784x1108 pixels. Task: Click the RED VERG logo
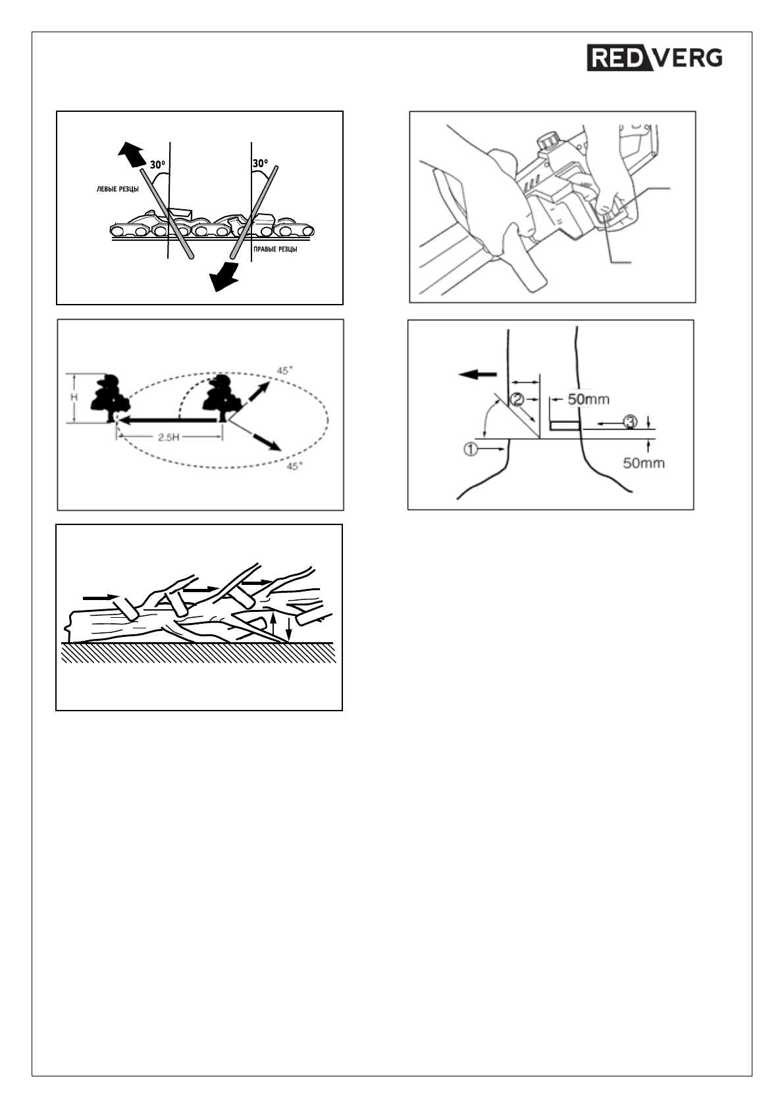click(655, 58)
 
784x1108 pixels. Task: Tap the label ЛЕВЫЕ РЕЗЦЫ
click(113, 189)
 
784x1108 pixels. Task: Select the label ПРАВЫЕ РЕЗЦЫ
click(275, 249)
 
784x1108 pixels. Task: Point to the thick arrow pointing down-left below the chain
click(224, 274)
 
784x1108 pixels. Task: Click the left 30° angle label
click(157, 165)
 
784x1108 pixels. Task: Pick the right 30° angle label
click(260, 163)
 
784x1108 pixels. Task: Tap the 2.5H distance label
click(170, 437)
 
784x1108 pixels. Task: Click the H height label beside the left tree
click(74, 398)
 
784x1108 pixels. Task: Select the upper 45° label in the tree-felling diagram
click(283, 371)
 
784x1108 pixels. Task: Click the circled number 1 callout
click(471, 450)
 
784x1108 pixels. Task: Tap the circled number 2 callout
click(518, 399)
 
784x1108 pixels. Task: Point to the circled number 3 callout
click(630, 422)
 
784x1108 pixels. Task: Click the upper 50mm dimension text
click(588, 399)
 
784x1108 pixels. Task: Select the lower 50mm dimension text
click(644, 463)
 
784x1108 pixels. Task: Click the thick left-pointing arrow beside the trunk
click(477, 374)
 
